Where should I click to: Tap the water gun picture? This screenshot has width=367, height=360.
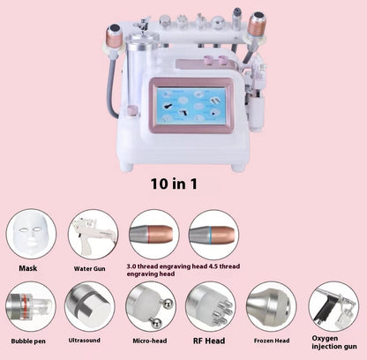point(94,235)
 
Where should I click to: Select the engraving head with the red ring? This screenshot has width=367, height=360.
point(154,235)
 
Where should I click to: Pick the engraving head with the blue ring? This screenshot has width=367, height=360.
point(213,235)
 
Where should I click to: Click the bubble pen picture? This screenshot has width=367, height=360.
point(31,306)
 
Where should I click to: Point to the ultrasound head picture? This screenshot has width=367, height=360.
point(90,306)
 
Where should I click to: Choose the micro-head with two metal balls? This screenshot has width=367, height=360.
point(151,306)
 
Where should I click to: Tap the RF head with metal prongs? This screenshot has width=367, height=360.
point(211,306)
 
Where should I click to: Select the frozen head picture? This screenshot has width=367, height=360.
point(271,306)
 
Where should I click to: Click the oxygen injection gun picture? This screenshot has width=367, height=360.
point(333,306)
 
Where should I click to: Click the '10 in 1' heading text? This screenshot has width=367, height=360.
point(174,184)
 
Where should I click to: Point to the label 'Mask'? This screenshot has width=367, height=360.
point(28,268)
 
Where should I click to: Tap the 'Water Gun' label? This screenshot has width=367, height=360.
point(89,269)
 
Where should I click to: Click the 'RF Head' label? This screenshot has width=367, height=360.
point(209,341)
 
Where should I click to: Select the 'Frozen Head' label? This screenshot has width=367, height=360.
point(272,341)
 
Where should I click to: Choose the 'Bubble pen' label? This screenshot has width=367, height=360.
point(28,341)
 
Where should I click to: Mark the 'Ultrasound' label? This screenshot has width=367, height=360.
point(85,341)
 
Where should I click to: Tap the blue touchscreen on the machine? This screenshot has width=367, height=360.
point(191,105)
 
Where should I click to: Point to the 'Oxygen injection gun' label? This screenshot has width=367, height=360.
point(334,342)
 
